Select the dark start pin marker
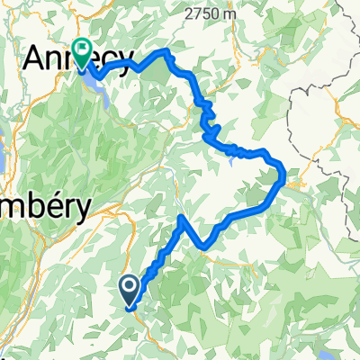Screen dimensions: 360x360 130,290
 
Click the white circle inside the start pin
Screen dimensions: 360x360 130,287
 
